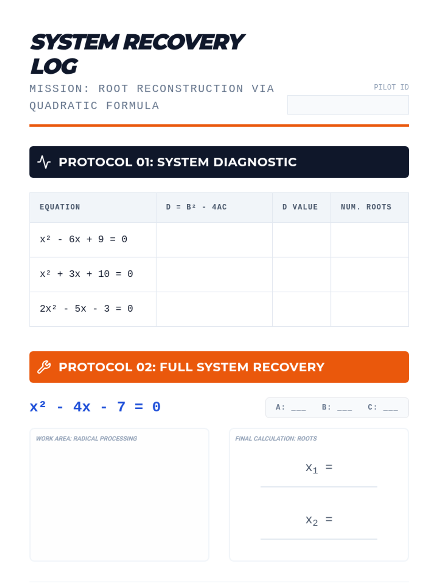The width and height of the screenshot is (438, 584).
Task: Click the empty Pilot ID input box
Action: coord(348,105)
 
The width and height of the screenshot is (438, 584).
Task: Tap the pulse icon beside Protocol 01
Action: coord(44,162)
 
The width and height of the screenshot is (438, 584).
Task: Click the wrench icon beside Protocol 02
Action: coord(44,367)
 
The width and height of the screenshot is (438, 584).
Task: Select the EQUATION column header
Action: coord(60,207)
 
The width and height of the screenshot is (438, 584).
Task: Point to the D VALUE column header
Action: coord(300,207)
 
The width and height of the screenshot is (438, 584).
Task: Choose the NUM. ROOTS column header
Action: coord(366,207)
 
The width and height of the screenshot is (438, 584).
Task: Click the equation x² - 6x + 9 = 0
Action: coord(84,239)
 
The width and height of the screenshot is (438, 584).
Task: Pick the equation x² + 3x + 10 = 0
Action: coord(87,274)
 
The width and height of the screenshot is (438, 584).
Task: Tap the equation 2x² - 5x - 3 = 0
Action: coord(87,309)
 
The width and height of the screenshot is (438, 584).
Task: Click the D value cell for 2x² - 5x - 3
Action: coord(301,309)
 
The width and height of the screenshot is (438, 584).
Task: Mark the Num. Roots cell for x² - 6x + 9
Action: coord(370,240)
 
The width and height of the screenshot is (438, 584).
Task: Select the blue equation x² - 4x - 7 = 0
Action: coord(95,407)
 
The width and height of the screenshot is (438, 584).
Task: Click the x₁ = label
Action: coord(319,468)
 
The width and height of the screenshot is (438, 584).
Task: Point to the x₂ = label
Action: coord(319,520)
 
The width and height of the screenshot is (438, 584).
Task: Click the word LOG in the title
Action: coord(54,66)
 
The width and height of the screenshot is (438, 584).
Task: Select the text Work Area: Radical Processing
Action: coord(87,438)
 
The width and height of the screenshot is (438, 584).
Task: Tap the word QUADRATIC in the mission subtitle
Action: coord(64,106)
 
